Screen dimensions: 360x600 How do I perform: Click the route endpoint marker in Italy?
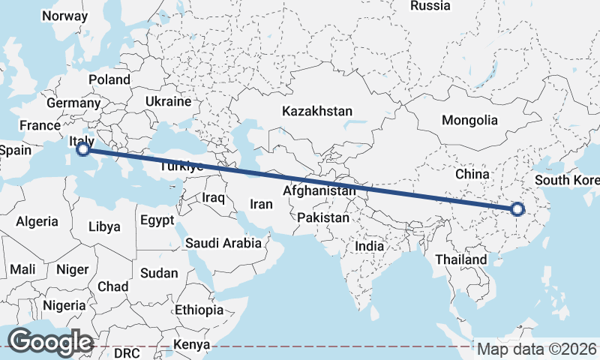pyautogui.click(x=83, y=149)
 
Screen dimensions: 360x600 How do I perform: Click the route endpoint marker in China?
pyautogui.click(x=517, y=209)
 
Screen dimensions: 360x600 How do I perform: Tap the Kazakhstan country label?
pyautogui.click(x=316, y=111)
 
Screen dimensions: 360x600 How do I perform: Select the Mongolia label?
pyautogui.click(x=469, y=120)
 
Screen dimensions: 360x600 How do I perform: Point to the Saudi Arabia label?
pyautogui.click(x=223, y=243)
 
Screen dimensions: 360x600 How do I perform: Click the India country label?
pyautogui.click(x=369, y=245)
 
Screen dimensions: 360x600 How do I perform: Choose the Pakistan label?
pyautogui.click(x=323, y=218)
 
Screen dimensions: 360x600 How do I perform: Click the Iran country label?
pyautogui.click(x=261, y=203)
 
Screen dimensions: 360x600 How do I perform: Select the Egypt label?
pyautogui.click(x=157, y=220)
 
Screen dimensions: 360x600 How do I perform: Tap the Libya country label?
pyautogui.click(x=103, y=226)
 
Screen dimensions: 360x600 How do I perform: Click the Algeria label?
pyautogui.click(x=37, y=221)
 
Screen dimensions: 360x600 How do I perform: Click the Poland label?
pyautogui.click(x=109, y=79)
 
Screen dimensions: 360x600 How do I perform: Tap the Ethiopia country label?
pyautogui.click(x=199, y=310)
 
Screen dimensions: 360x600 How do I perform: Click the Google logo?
pyautogui.click(x=50, y=342)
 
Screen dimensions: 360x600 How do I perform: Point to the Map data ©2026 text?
pyautogui.click(x=537, y=349)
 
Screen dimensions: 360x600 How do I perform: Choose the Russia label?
pyautogui.click(x=430, y=6)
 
